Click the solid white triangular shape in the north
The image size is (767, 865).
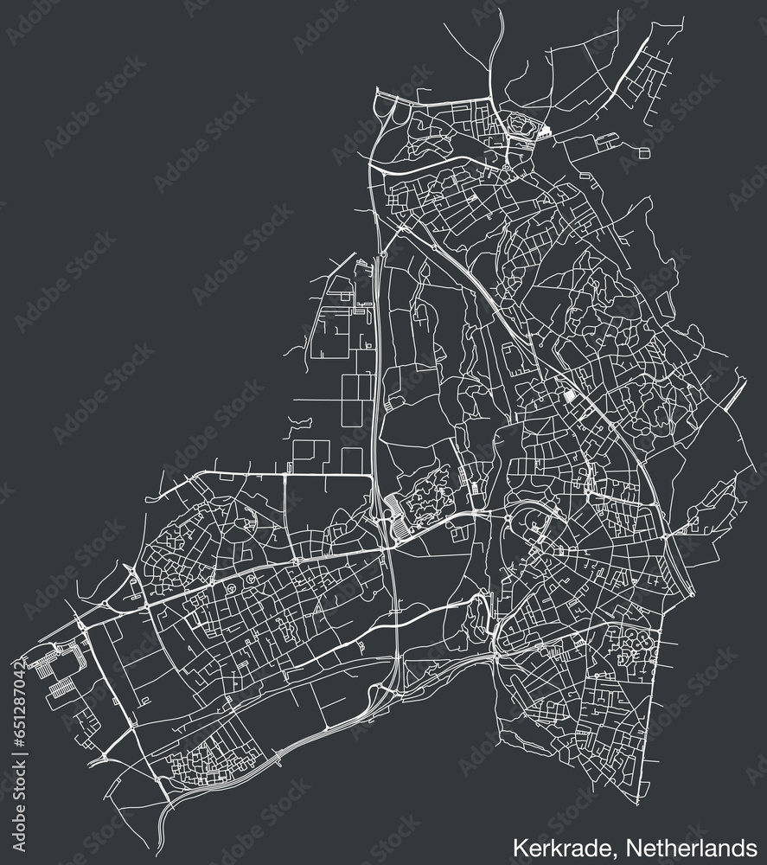click(544, 132)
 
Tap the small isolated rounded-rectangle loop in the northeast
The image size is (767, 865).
click(644, 152)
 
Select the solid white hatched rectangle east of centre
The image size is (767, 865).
click(569, 396)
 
